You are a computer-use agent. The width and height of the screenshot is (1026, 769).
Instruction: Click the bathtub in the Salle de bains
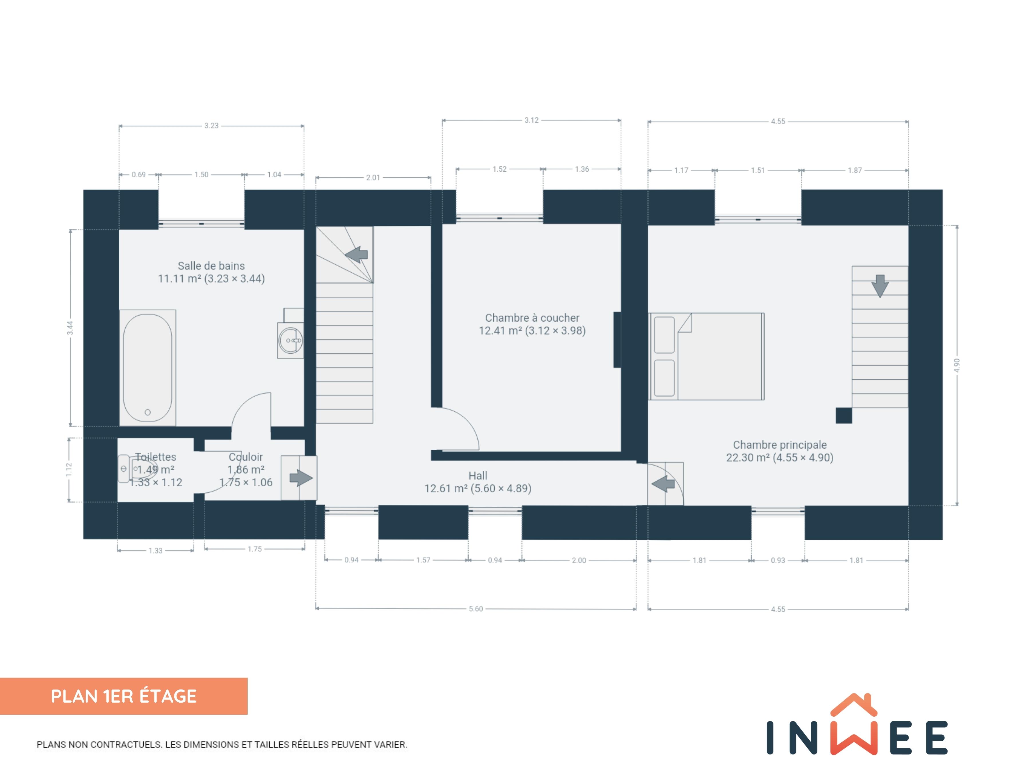pyautogui.click(x=147, y=368)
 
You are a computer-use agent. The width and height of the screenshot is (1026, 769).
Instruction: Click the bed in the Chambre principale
pyautogui.click(x=706, y=356)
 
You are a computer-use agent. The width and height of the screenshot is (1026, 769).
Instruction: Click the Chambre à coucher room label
pyautogui.click(x=532, y=318)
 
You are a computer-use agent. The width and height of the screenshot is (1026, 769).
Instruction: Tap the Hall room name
pyautogui.click(x=478, y=475)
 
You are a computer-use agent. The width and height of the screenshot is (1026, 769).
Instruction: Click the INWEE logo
pyautogui.click(x=857, y=724)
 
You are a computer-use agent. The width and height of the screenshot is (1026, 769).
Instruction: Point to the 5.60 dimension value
pyautogui.click(x=476, y=609)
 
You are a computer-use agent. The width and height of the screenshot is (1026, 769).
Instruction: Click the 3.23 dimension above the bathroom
pyautogui.click(x=212, y=126)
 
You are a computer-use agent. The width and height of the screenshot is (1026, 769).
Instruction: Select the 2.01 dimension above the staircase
pyautogui.click(x=373, y=178)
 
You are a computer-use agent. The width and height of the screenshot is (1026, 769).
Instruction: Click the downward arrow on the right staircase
pyautogui.click(x=880, y=286)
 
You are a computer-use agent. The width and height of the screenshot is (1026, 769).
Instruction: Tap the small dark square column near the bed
pyautogui.click(x=844, y=415)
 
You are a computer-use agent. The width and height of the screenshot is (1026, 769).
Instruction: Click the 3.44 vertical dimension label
pyautogui.click(x=70, y=328)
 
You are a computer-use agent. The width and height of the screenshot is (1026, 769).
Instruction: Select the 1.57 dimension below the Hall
pyautogui.click(x=423, y=560)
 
